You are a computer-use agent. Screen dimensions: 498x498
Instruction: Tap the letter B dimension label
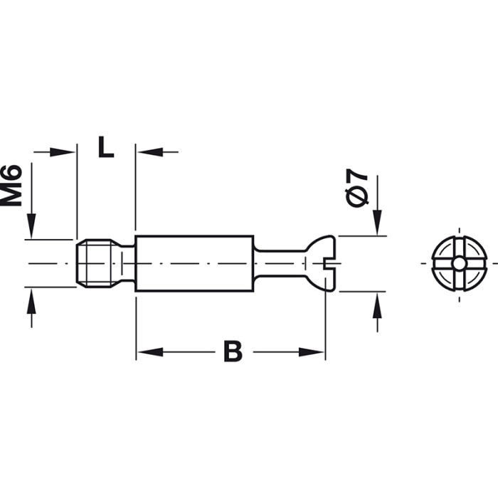click(x=232, y=351)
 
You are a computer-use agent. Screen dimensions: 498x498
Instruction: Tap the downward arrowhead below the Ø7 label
click(x=376, y=224)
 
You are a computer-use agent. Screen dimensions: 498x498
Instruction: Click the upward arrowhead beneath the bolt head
click(x=376, y=303)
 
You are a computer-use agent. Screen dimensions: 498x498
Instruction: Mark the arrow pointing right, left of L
click(x=67, y=152)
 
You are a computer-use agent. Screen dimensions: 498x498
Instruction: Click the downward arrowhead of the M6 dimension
click(x=31, y=228)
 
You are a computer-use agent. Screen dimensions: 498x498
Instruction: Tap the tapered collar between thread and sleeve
click(x=128, y=263)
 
